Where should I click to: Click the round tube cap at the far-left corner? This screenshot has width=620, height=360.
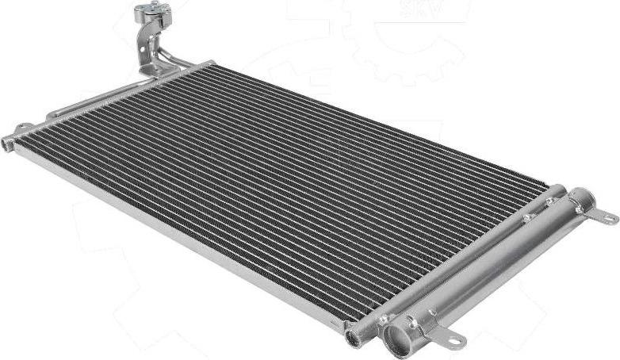[8, 144]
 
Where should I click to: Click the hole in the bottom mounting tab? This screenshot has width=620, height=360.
[454, 342]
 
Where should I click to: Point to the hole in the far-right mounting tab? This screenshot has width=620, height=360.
[609, 216]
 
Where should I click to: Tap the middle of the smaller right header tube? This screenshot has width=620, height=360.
[460, 262]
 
